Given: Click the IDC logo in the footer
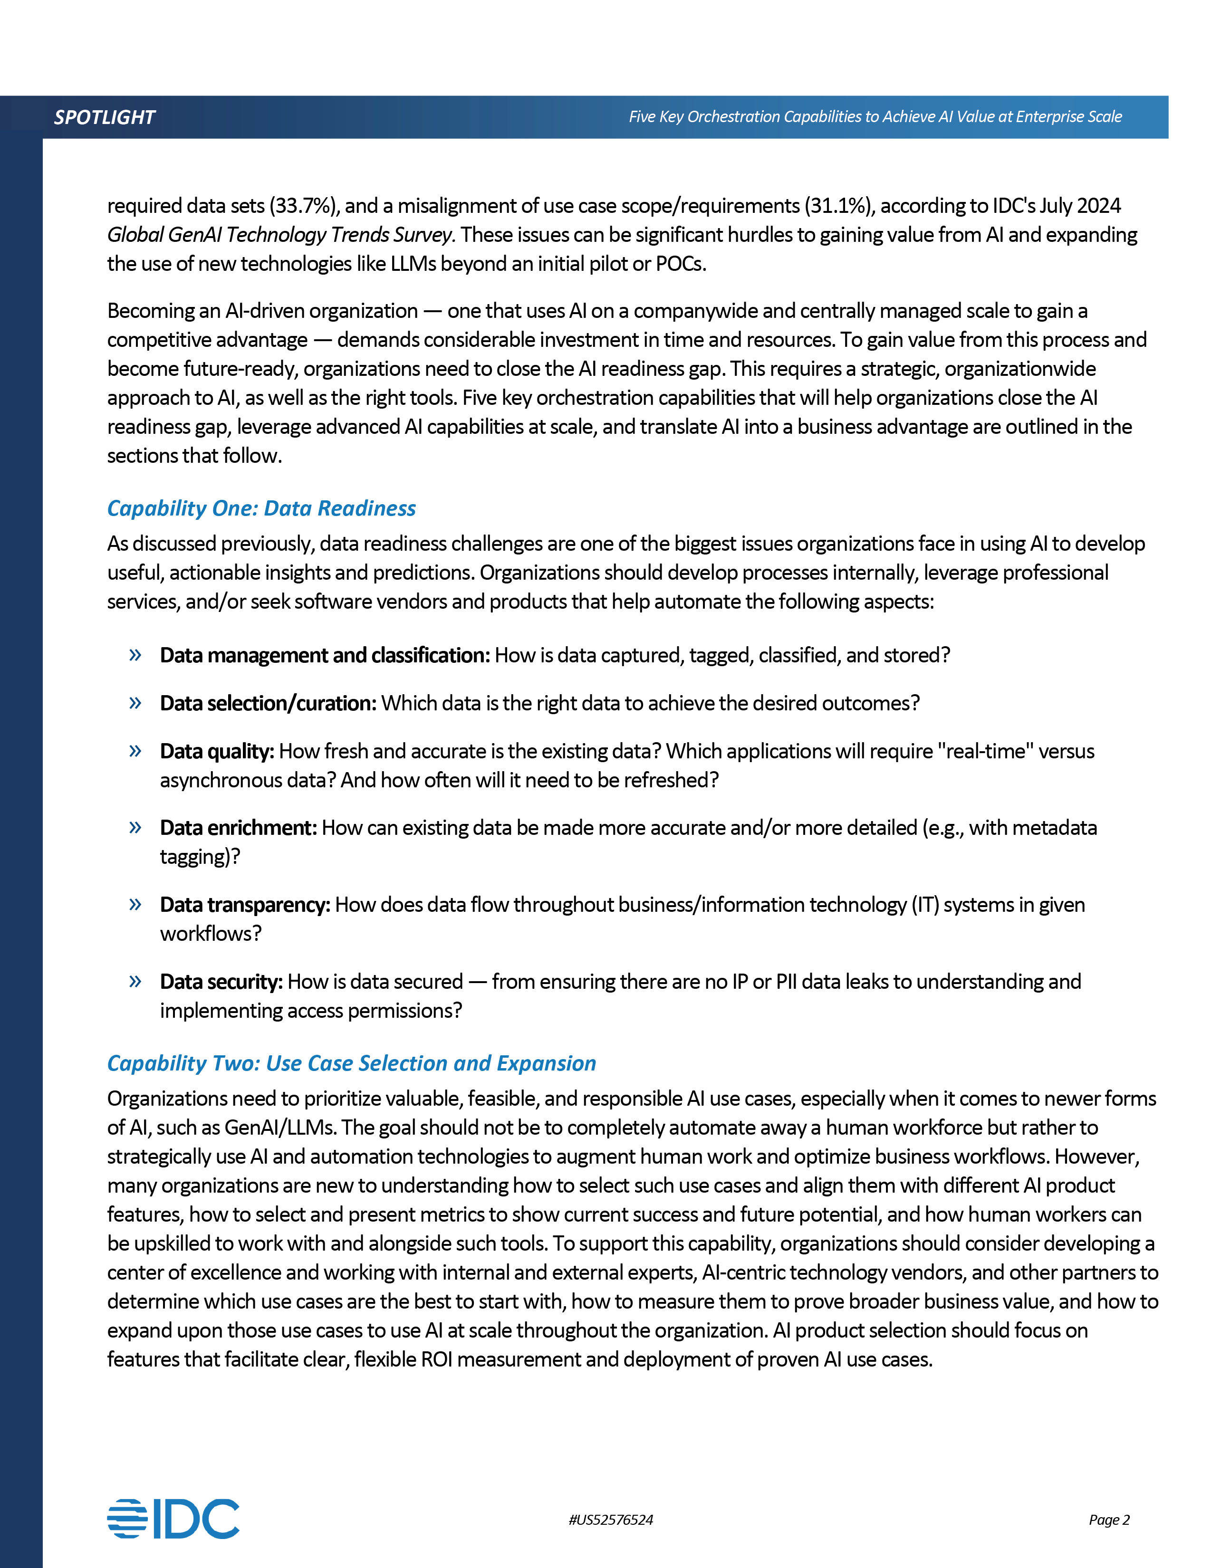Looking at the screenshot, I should [173, 1519].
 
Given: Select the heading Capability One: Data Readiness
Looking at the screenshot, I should [261, 508].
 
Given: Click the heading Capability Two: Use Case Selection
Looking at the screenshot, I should [351, 1063].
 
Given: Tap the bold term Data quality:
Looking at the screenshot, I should [217, 752].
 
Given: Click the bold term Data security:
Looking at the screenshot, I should [221, 982].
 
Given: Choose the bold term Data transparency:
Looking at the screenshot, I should [245, 905].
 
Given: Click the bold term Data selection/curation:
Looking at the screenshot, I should [268, 704].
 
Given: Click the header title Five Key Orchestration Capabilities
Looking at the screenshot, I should [875, 117].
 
